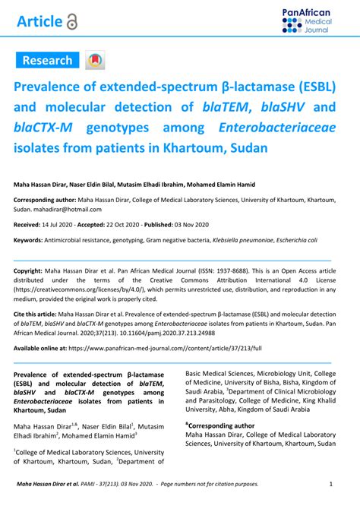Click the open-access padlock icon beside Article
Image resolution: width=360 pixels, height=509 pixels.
click(x=71, y=22)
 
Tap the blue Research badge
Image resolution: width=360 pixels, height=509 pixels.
click(x=47, y=60)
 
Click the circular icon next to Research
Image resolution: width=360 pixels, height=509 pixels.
click(x=95, y=61)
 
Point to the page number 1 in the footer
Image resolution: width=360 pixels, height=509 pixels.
click(x=331, y=484)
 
